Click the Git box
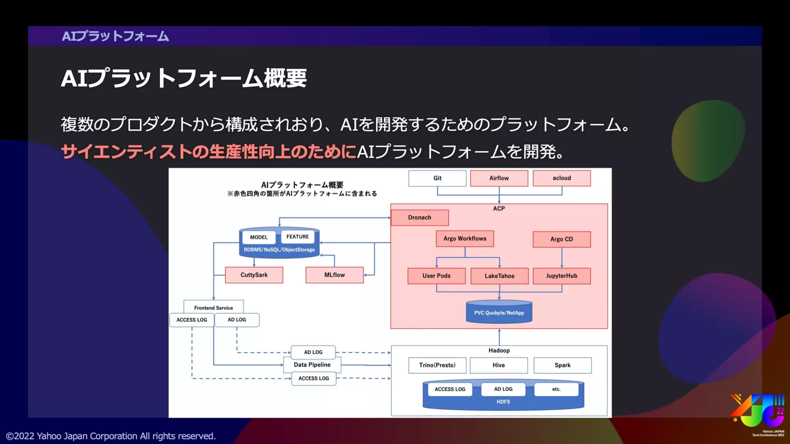tap(437, 178)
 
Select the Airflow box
tap(499, 178)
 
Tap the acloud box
tap(561, 178)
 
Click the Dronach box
tap(419, 217)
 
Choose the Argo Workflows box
tap(464, 239)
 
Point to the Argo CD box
tap(561, 239)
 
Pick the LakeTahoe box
tap(499, 276)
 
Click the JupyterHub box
tap(561, 276)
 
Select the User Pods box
tap(436, 276)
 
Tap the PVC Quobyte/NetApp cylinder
tap(499, 312)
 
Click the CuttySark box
tap(254, 275)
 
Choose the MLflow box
tap(334, 275)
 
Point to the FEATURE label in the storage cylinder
tap(297, 237)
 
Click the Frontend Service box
tap(213, 308)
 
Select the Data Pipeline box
tap(312, 365)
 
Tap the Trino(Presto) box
tap(437, 365)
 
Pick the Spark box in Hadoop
tap(562, 365)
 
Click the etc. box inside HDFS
tap(556, 389)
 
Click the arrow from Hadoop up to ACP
tap(499, 337)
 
